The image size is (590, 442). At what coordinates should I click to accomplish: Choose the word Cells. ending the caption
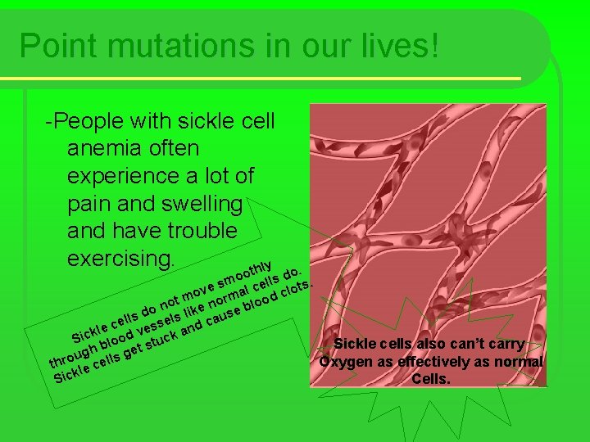click(430, 379)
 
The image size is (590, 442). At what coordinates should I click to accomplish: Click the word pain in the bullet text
click(90, 204)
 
